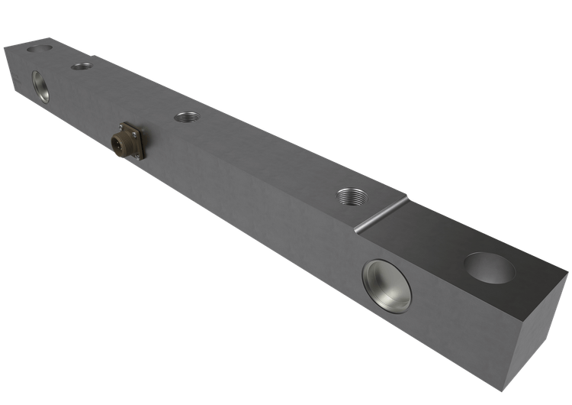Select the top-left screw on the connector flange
tap(120, 125)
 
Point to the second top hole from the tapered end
tap(82, 66)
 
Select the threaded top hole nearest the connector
tap(186, 117)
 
